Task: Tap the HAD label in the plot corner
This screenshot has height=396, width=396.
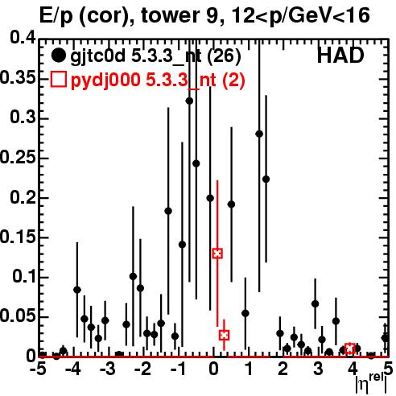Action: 340,56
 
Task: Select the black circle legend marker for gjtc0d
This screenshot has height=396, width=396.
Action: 58,56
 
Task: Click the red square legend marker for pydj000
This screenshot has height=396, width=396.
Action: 58,80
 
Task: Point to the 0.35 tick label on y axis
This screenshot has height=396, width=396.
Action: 18,78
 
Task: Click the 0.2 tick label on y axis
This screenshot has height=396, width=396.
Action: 23,197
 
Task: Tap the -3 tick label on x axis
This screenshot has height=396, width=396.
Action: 107,369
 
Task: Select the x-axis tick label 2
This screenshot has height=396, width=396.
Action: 283,369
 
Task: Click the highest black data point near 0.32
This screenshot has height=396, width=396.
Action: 189,101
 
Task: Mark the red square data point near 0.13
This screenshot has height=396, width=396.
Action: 217,254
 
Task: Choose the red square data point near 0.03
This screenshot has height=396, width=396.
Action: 225,335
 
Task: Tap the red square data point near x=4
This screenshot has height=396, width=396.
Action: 350,349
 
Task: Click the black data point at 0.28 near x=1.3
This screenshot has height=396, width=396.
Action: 259,134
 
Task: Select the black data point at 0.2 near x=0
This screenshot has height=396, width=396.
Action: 210,198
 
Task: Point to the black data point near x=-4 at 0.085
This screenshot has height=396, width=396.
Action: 77,290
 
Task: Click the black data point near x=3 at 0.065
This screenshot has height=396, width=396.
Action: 316,303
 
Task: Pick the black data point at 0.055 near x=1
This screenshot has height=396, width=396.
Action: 245,313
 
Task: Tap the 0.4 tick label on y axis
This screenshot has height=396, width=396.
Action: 23,38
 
